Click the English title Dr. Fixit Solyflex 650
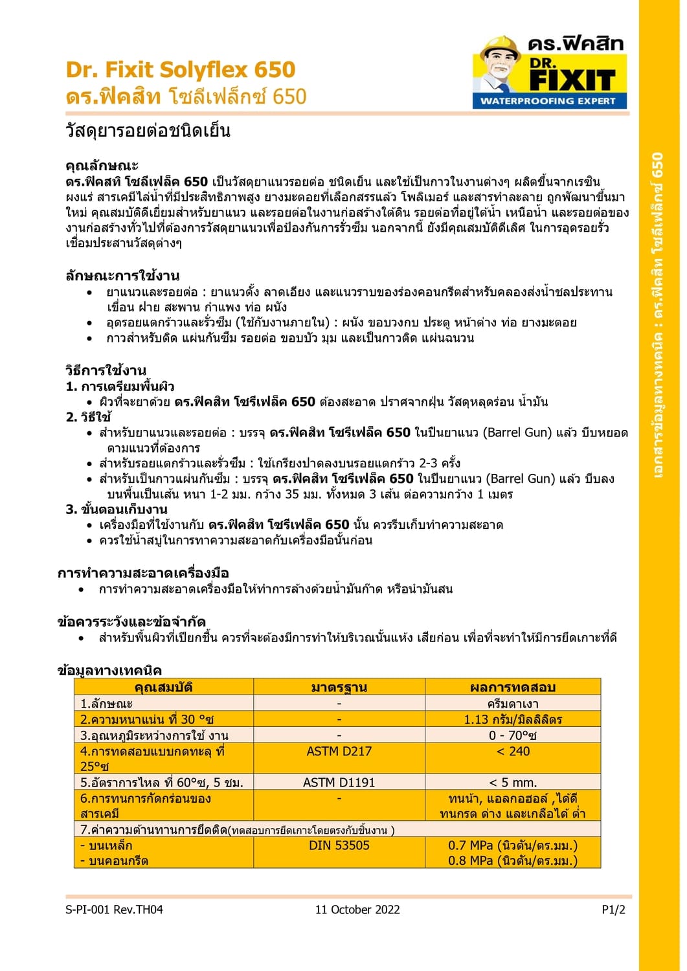(180, 69)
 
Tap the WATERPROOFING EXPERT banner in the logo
(548, 101)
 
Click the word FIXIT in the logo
(572, 80)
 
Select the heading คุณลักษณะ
(102, 166)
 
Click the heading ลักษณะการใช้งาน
(122, 276)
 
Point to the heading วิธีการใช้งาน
(106, 371)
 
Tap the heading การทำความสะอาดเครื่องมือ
(143, 573)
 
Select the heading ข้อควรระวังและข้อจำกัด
(131, 622)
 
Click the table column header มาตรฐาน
(339, 687)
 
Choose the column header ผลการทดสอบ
(512, 687)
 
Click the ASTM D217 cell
(339, 751)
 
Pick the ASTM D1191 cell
(339, 783)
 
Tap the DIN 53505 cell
(339, 845)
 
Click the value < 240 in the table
(512, 751)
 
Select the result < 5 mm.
(512, 783)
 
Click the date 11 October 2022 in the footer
(357, 910)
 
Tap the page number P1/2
(613, 910)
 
